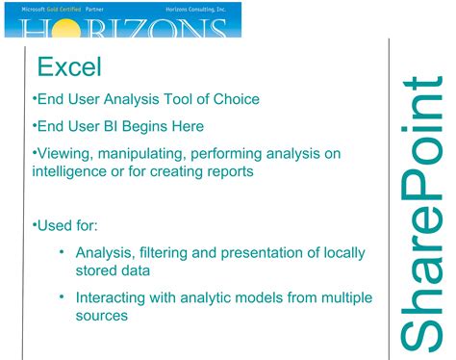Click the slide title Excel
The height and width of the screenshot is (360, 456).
tap(68, 66)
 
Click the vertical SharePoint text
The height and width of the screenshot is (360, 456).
tap(419, 211)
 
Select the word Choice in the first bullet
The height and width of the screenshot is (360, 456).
tap(236, 98)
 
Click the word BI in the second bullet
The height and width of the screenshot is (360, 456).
tap(110, 125)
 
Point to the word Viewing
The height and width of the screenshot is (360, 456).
tap(66, 153)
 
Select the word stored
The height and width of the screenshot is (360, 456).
tap(98, 271)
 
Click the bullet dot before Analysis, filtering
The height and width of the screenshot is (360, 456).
tap(62, 253)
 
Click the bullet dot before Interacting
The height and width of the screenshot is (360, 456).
tap(62, 298)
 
